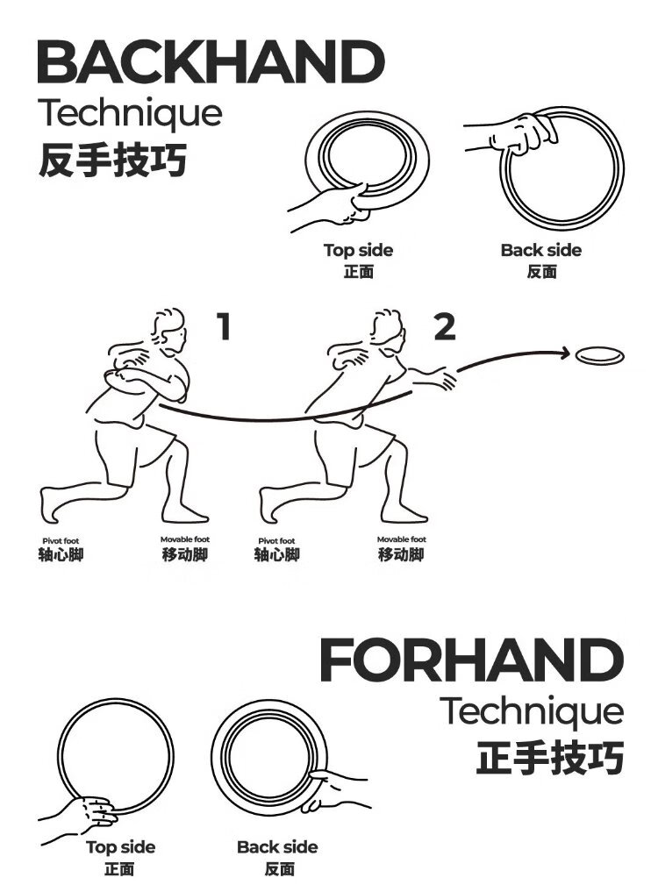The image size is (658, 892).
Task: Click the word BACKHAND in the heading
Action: tap(211, 62)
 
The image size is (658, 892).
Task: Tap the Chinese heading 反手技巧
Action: tap(112, 160)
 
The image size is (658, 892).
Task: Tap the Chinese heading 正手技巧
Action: tap(550, 757)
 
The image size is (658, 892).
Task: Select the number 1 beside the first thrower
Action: tap(225, 326)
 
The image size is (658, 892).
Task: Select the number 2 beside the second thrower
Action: tap(445, 327)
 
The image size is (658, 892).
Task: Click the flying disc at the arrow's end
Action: tap(600, 356)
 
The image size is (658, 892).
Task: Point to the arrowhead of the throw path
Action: tap(564, 353)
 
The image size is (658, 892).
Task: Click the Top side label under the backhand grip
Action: tap(358, 250)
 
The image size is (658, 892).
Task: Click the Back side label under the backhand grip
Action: tap(541, 250)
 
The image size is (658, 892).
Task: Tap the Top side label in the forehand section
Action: tap(121, 847)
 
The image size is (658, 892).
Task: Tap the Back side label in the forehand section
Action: tap(277, 847)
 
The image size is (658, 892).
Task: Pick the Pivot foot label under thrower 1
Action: tap(61, 541)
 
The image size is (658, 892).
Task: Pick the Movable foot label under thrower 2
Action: tap(401, 539)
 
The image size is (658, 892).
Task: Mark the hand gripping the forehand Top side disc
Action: tap(94, 810)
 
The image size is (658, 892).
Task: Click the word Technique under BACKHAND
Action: tap(131, 114)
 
